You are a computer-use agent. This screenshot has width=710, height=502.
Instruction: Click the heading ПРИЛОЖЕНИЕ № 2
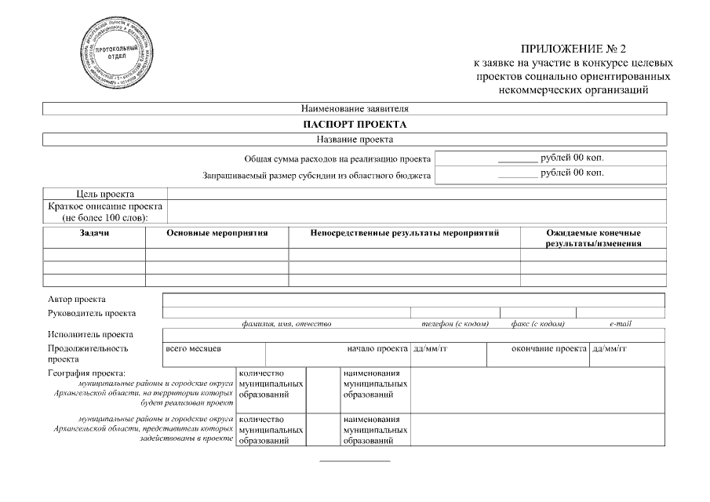click(573, 49)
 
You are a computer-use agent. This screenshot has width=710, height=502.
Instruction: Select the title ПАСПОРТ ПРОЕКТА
click(355, 125)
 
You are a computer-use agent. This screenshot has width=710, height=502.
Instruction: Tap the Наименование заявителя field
click(355, 109)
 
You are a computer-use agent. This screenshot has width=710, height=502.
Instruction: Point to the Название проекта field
click(355, 140)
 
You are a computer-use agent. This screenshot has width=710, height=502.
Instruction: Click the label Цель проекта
click(105, 194)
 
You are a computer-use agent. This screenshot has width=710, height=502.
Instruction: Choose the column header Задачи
click(94, 233)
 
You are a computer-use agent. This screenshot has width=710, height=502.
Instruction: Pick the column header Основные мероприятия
click(217, 233)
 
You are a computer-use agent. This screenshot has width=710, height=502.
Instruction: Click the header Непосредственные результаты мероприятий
click(405, 233)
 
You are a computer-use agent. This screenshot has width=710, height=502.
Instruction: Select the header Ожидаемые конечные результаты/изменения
click(593, 238)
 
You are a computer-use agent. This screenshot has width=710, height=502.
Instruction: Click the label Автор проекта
click(77, 300)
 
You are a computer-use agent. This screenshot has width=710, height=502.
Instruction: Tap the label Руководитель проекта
click(92, 313)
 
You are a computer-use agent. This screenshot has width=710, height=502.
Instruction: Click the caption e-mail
click(620, 323)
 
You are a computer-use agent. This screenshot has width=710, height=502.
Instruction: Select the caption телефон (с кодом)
click(455, 323)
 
